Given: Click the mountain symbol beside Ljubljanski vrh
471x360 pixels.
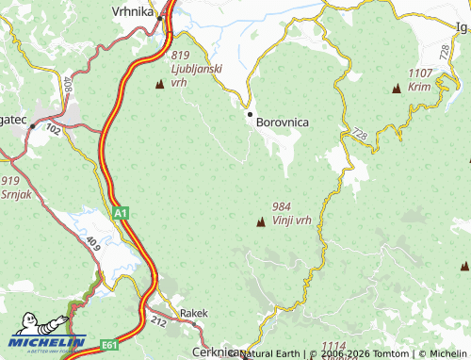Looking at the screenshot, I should [158, 85].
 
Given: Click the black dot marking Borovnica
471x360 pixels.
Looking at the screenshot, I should [250, 114].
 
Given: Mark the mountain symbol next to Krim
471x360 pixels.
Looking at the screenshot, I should [396, 90].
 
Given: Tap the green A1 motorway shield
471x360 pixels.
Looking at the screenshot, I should [120, 215].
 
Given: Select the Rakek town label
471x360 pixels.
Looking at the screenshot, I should [193, 313].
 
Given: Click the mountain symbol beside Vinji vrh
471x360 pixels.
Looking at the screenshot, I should [260, 221].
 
